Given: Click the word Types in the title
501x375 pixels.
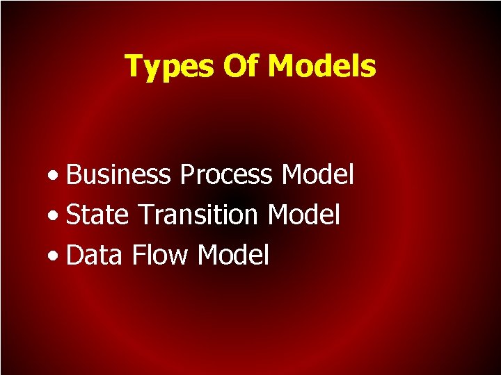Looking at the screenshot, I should pos(170,67).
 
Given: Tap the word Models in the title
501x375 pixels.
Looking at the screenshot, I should pos(321,66).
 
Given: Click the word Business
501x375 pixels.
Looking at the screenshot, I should pos(118,175).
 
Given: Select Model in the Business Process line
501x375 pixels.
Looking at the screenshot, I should pos(317,174).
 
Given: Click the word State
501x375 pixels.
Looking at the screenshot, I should pos(97,215).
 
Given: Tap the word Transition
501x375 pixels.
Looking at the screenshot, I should pos(198,215).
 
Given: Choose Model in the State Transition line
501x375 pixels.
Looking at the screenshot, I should pos(304,215).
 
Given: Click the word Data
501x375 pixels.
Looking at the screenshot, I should pos(94,256).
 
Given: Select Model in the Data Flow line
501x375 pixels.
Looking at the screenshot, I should pos(232,256).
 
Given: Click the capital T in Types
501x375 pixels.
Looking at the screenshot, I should pos(133,66).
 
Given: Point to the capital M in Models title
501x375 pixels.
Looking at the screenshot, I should pos(282,66).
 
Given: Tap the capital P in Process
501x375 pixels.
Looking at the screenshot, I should pos(186,174).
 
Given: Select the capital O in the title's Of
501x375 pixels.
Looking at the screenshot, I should pos(234,66).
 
